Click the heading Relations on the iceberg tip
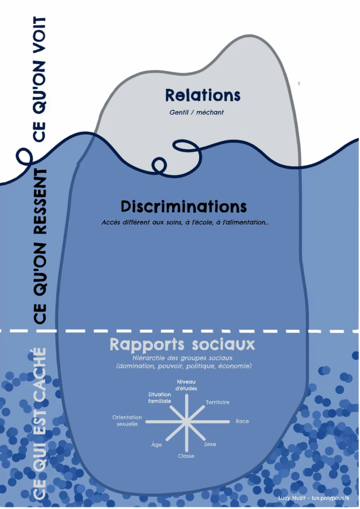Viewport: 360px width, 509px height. [x=202, y=95]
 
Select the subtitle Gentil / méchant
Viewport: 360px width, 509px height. [x=196, y=112]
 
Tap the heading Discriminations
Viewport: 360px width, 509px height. [x=183, y=206]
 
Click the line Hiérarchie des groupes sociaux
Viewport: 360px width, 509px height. [x=183, y=357]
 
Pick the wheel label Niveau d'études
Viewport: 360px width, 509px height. [x=186, y=385]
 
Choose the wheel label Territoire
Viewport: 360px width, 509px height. [x=217, y=402]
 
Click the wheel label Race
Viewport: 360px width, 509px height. [x=242, y=422]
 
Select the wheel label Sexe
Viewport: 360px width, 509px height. [x=210, y=444]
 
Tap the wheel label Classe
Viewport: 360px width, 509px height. [x=186, y=456]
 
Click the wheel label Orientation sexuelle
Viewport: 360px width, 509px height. [x=127, y=421]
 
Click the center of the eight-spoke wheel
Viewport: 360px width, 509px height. [x=186, y=422]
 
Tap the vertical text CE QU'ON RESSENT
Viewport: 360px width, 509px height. [x=40, y=246]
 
